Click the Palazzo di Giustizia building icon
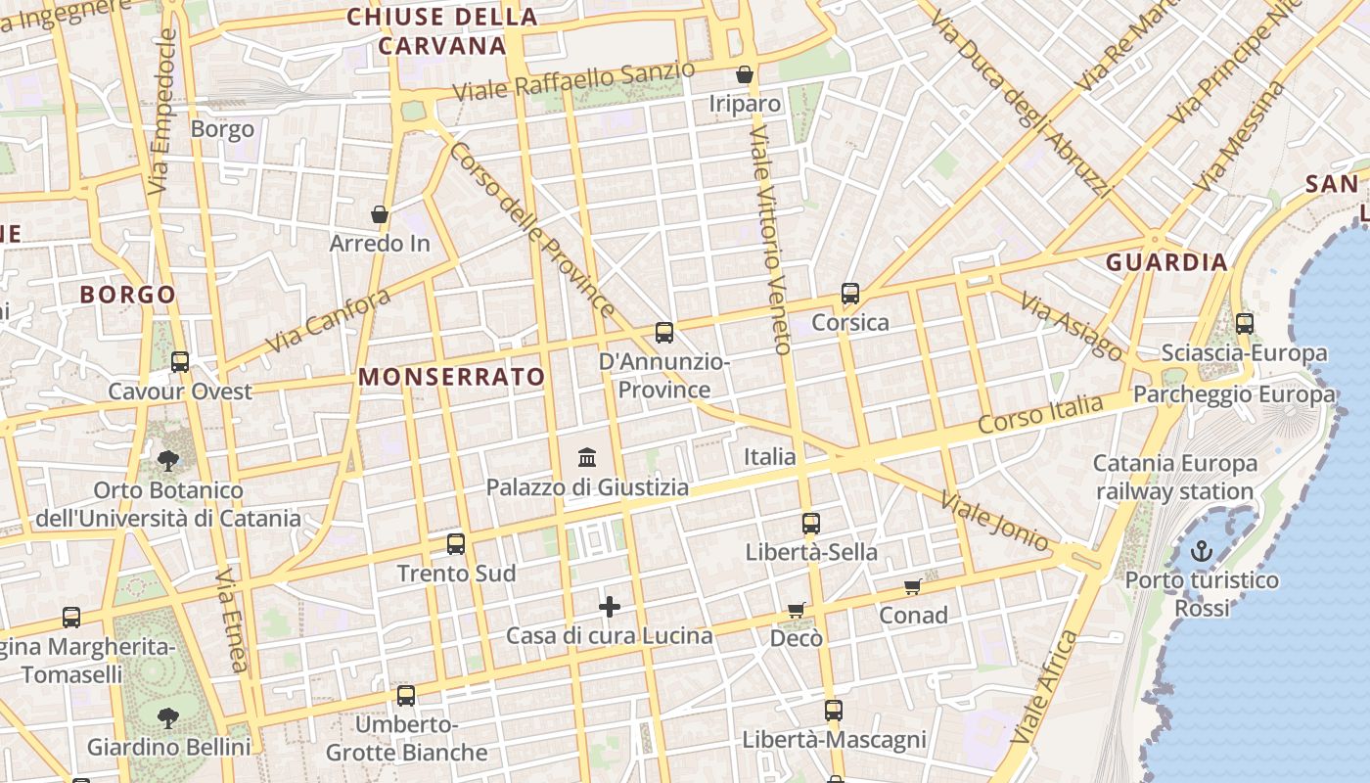pos(587,457)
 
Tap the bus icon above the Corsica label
pos(850,293)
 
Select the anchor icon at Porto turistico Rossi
pos(1201,551)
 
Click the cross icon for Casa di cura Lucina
pos(610,607)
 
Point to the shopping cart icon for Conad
pos(913,586)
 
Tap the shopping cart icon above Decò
pos(797,610)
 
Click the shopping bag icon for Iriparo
pos(745,74)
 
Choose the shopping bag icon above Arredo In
pos(380,214)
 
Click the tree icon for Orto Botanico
pos(168,460)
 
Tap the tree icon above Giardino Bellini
pos(168,717)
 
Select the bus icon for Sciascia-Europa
pos(1245,323)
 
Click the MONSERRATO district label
pos(451,377)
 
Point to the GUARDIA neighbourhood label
pos(1166,262)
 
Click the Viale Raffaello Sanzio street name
pos(574,80)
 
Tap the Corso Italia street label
pos(1040,415)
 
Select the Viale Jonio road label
pos(994,522)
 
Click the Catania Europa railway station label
pos(1174,477)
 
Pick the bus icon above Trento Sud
pos(456,544)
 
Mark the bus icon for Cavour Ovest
pos(180,362)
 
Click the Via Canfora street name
pos(328,321)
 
